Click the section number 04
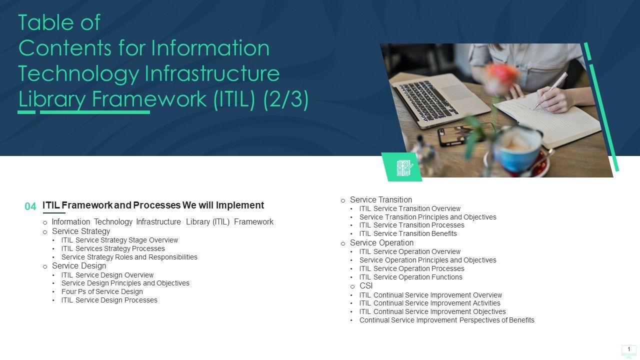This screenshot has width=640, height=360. [x=30, y=206]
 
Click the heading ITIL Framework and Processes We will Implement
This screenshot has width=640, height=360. [x=153, y=205]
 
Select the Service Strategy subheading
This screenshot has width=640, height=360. [x=81, y=231]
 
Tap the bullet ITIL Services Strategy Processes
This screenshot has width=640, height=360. [x=113, y=248]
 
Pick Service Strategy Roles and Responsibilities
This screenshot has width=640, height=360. [x=129, y=257]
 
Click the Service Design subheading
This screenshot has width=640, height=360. [x=79, y=266]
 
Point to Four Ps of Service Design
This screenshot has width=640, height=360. [x=102, y=291]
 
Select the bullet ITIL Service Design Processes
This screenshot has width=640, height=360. [x=109, y=300]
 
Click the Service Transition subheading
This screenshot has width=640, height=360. [x=381, y=199]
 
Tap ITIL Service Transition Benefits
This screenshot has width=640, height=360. [x=408, y=233]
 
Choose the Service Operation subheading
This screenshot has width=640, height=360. [x=381, y=243]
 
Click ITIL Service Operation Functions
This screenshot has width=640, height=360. [x=410, y=277]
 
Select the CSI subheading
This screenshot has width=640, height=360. [x=366, y=286]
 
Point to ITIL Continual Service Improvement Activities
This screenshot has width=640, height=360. [x=429, y=303]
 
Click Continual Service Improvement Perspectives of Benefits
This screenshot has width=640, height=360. [x=446, y=320]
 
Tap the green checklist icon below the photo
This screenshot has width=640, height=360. [x=402, y=168]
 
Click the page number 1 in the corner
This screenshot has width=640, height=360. [x=628, y=349]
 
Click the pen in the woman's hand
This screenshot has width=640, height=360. [x=550, y=90]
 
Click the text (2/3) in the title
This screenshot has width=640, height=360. [x=285, y=98]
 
